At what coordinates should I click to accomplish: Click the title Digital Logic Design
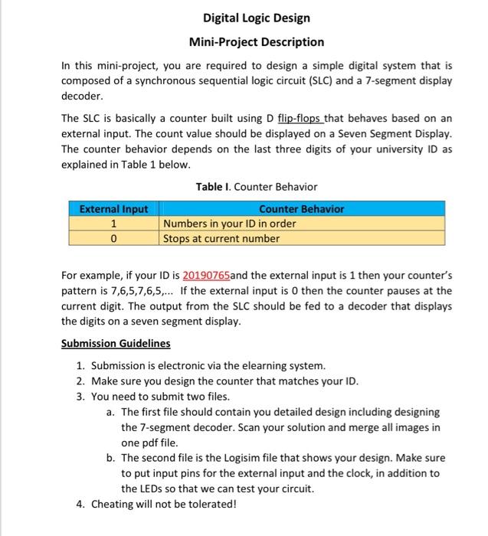tap(257, 18)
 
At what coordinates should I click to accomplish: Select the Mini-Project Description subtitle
tap(257, 42)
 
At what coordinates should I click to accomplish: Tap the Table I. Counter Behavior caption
tap(257, 187)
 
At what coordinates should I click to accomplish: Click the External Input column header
tap(113, 209)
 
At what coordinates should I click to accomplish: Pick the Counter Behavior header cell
tap(302, 209)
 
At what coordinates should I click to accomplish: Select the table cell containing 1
tap(113, 224)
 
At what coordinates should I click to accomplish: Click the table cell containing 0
tap(113, 238)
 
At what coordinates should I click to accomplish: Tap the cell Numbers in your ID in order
tap(230, 224)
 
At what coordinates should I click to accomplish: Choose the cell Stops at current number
tap(222, 238)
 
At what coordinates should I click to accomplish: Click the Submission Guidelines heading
tap(116, 343)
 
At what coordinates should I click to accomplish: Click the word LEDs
tap(139, 488)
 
